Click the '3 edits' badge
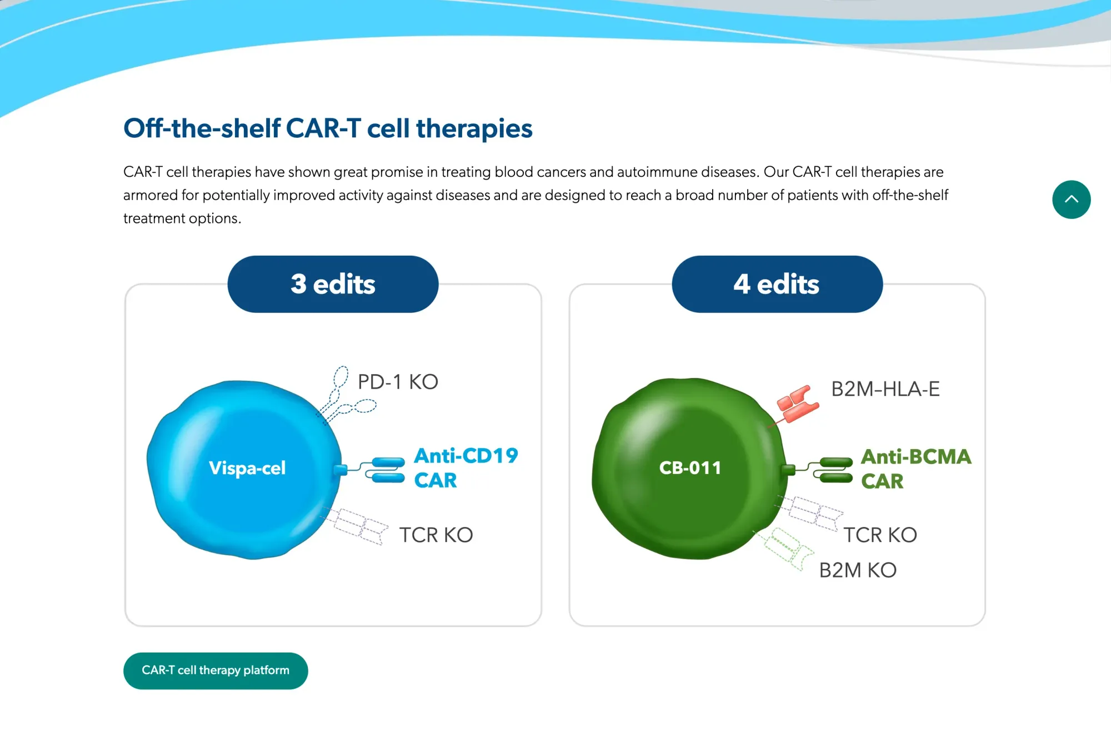333,284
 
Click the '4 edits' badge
777,284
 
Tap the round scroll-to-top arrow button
1071,200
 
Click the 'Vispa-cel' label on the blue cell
247,468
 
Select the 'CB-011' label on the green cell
690,468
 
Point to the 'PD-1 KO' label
398,382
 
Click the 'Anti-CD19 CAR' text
466,467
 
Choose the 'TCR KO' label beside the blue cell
436,535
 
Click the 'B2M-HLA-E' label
885,389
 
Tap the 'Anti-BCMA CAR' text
915,469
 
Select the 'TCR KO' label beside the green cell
880,535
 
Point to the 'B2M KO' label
858,570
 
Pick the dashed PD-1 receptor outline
344,397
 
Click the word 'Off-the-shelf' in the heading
202,128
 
